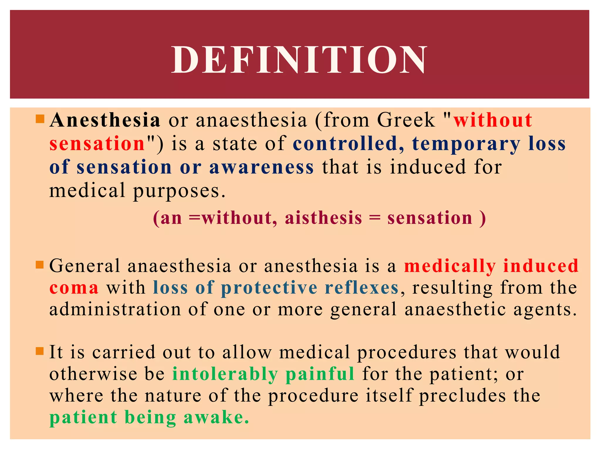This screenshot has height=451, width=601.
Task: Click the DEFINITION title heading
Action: [299, 60]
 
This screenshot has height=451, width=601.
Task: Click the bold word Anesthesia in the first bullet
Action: [105, 120]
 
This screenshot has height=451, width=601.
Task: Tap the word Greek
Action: [406, 120]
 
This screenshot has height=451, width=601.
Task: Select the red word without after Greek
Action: [493, 120]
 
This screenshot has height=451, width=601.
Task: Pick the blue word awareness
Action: [261, 167]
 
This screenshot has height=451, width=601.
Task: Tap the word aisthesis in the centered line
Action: [323, 218]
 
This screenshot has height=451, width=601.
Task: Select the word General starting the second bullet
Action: [85, 266]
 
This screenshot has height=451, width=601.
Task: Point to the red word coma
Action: [74, 288]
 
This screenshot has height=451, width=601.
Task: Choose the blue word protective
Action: [269, 288]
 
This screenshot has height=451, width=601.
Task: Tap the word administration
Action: [115, 309]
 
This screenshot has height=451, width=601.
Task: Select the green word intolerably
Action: [225, 374]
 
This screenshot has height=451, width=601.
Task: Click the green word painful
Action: [320, 374]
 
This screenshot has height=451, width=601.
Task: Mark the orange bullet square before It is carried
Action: [39, 351]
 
